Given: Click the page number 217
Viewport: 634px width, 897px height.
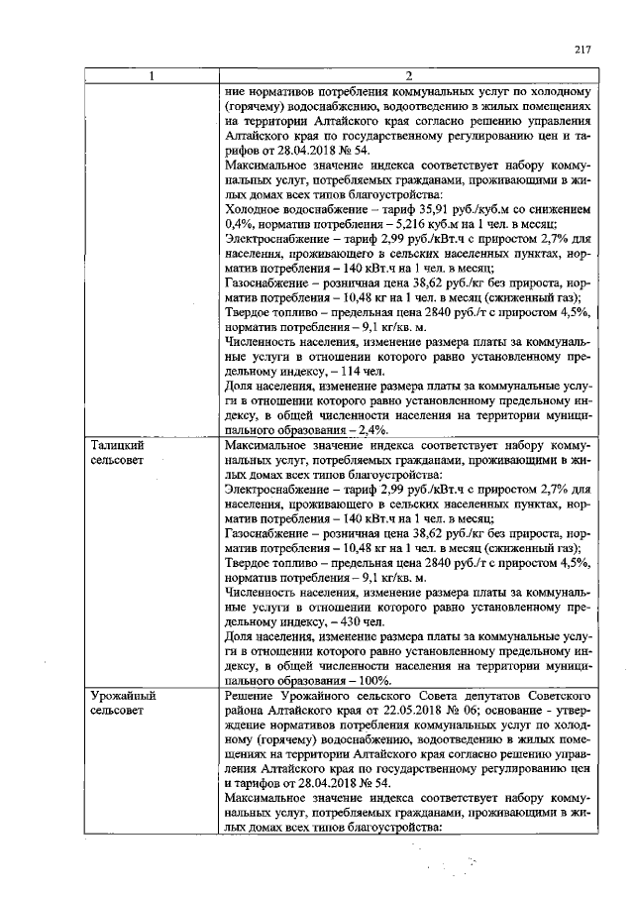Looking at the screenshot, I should click(x=582, y=51).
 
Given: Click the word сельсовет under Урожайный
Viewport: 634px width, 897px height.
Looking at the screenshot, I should click(x=117, y=712).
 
